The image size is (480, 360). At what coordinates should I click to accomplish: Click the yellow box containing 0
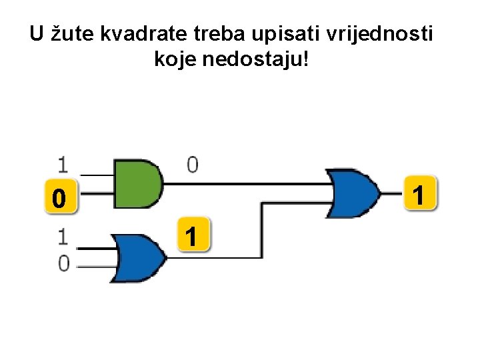(59, 198)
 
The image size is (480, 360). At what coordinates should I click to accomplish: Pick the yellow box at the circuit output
(419, 195)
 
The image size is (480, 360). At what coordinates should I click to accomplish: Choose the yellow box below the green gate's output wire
(192, 235)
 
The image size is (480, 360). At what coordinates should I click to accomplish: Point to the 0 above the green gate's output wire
(193, 164)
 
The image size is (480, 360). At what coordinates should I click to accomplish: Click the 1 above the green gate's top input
(63, 164)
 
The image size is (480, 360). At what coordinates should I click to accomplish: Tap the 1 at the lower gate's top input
(63, 237)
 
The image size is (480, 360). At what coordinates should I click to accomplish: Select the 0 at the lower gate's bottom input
(63, 263)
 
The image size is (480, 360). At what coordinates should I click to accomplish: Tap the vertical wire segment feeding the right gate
(262, 230)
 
